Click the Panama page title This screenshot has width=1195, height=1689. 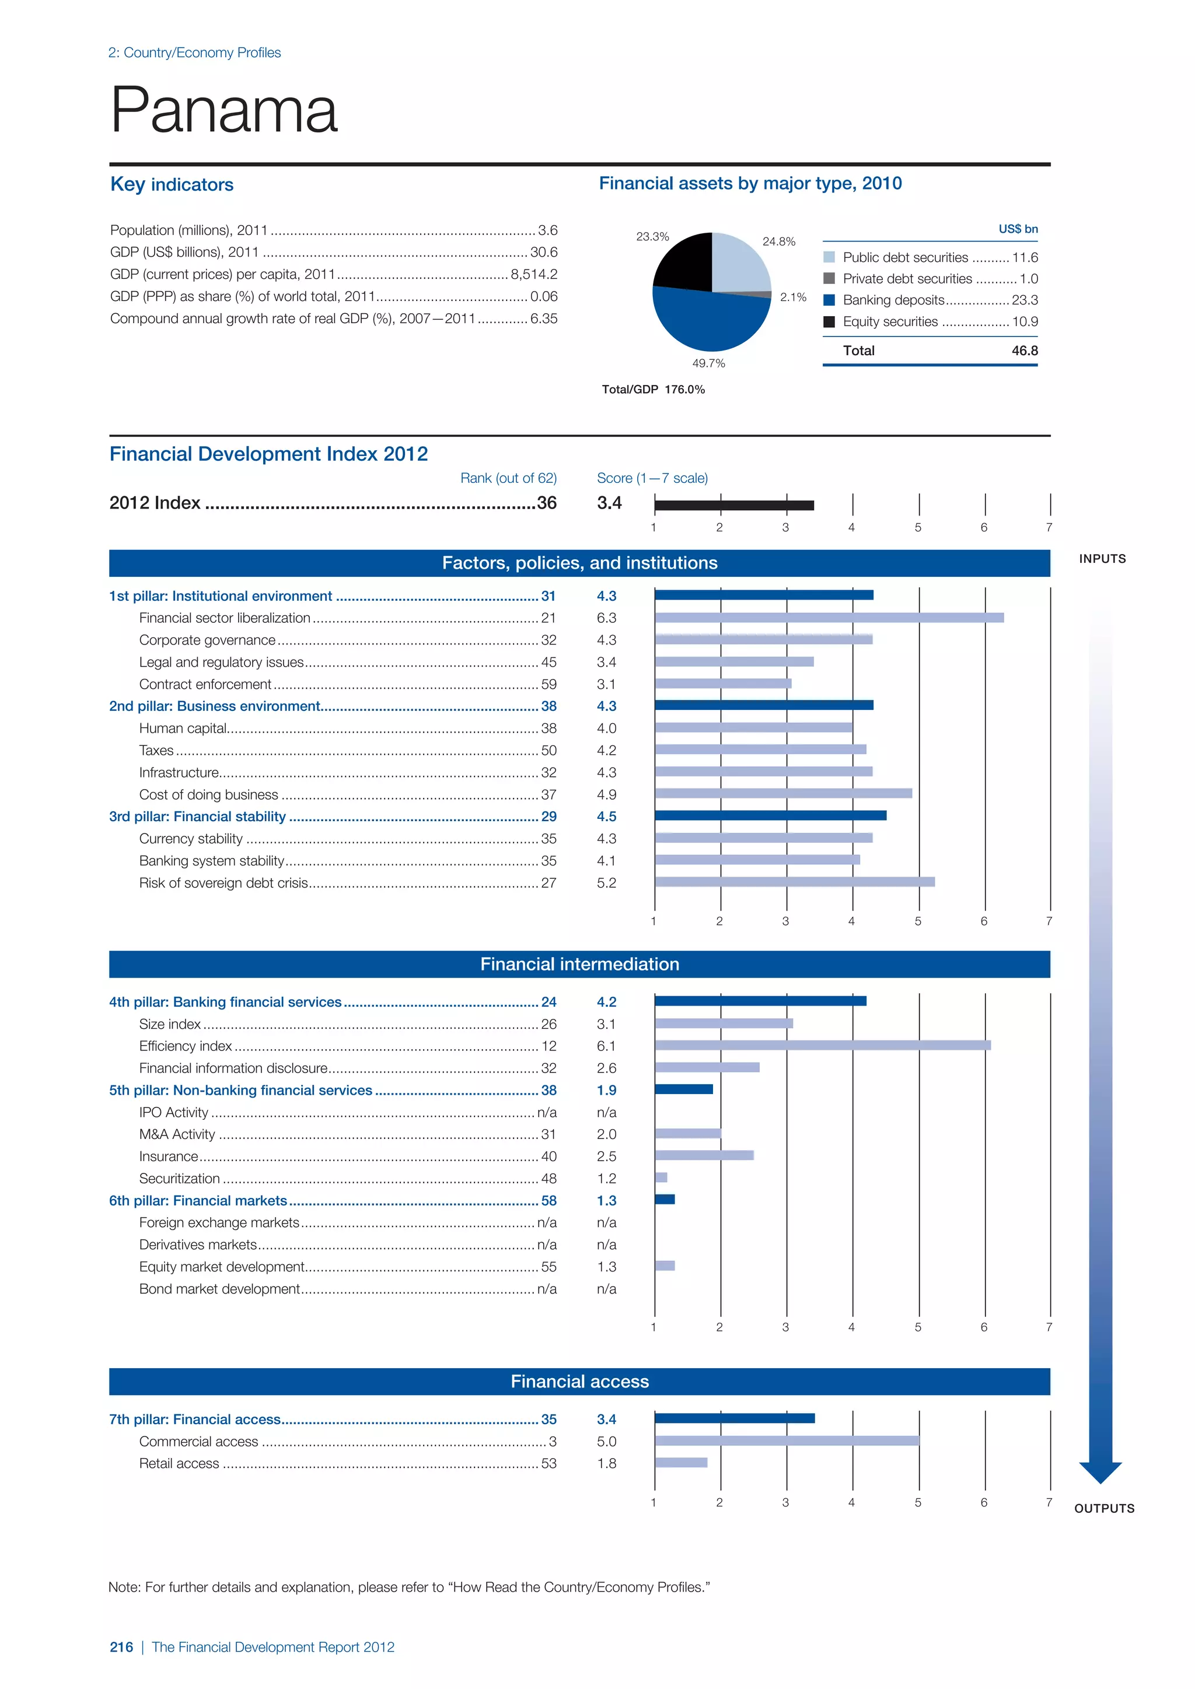click(223, 110)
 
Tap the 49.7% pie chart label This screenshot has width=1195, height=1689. click(708, 363)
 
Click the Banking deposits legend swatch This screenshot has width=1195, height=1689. click(829, 300)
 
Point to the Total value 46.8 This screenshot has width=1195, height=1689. click(1024, 351)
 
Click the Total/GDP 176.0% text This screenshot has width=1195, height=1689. click(653, 390)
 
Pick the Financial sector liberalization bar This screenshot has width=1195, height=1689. click(829, 618)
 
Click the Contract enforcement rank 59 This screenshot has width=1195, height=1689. click(549, 684)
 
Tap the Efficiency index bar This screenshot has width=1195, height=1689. click(822, 1045)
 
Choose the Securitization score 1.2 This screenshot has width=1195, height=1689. click(606, 1179)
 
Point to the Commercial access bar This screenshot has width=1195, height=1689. click(787, 1441)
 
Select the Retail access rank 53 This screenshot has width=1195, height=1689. click(549, 1463)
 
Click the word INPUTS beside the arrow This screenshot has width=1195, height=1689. click(1102, 559)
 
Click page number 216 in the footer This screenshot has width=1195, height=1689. click(121, 1647)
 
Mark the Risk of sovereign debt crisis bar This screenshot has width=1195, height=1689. click(794, 882)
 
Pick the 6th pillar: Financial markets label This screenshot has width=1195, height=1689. click(198, 1200)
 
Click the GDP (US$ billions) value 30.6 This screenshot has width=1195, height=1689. click(544, 253)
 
